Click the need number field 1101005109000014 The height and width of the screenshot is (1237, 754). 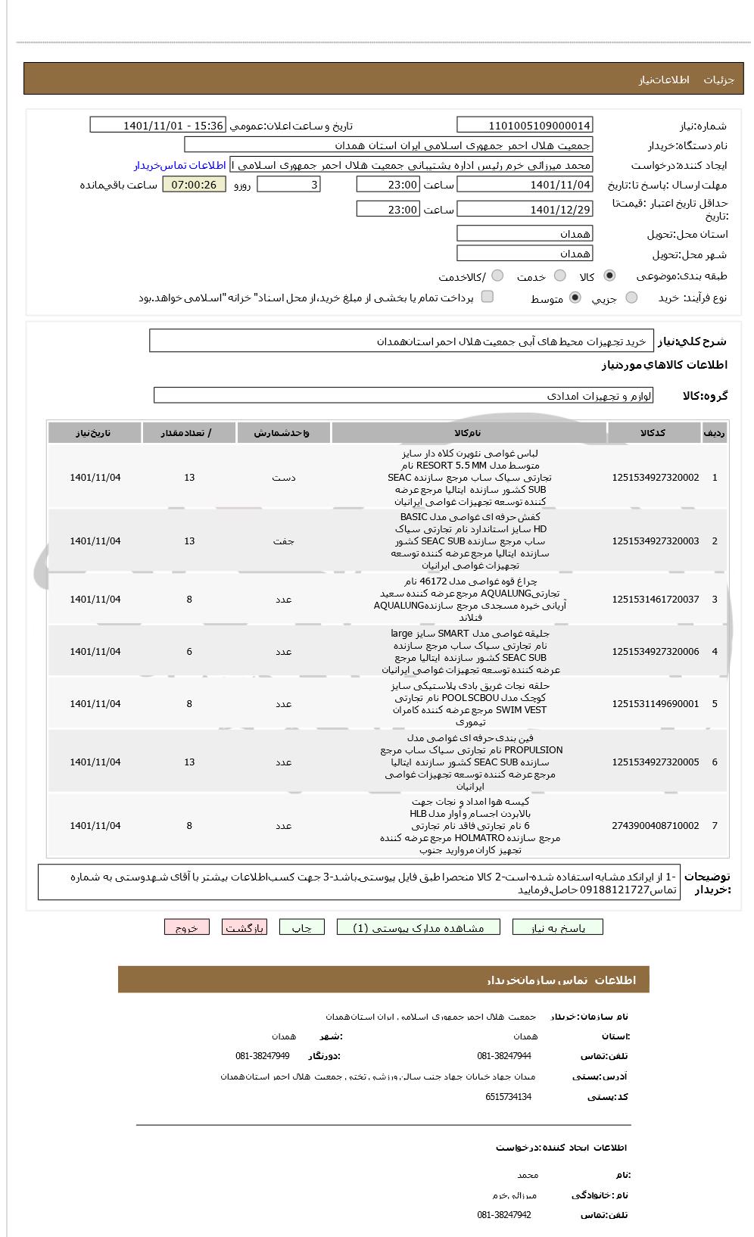(525, 126)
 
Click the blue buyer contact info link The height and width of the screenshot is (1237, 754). (180, 165)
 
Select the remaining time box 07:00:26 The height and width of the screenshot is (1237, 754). (194, 185)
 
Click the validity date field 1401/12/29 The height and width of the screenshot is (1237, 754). (525, 210)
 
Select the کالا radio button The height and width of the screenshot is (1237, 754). (609, 276)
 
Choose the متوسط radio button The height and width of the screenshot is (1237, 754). (575, 298)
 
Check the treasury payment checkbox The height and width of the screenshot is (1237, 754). (488, 297)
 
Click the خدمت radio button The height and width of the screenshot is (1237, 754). (560, 276)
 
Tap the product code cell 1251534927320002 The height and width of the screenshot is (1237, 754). (655, 478)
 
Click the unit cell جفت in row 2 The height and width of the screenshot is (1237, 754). (283, 541)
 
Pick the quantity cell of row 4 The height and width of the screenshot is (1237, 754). (189, 652)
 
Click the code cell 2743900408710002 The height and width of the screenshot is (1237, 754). (655, 826)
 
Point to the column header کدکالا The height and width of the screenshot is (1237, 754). (653, 433)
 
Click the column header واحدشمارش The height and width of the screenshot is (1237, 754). (283, 433)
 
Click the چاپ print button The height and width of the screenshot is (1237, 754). (301, 927)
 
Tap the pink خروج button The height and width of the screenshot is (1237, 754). (186, 927)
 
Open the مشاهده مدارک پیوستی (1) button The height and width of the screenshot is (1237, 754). (418, 927)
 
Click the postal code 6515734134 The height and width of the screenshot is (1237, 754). (508, 1097)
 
